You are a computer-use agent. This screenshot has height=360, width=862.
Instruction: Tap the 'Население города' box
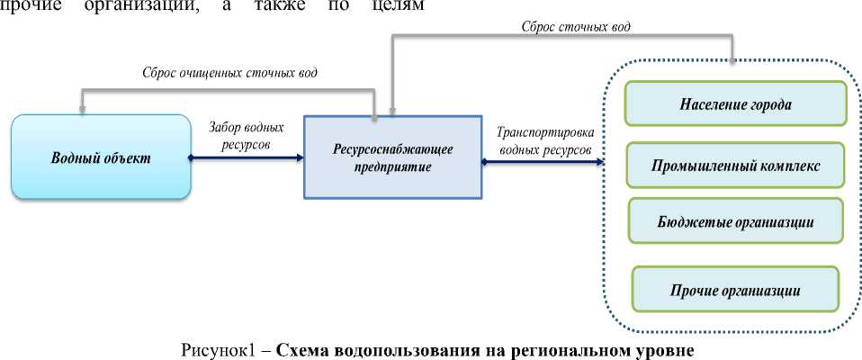tap(735, 104)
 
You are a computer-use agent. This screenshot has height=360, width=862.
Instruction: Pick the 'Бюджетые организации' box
tap(735, 221)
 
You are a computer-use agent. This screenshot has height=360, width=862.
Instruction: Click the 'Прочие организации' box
tap(735, 291)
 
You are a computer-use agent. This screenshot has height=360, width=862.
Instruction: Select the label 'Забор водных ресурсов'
tap(245, 136)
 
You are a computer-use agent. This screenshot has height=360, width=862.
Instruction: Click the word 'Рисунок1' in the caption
tap(218, 348)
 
